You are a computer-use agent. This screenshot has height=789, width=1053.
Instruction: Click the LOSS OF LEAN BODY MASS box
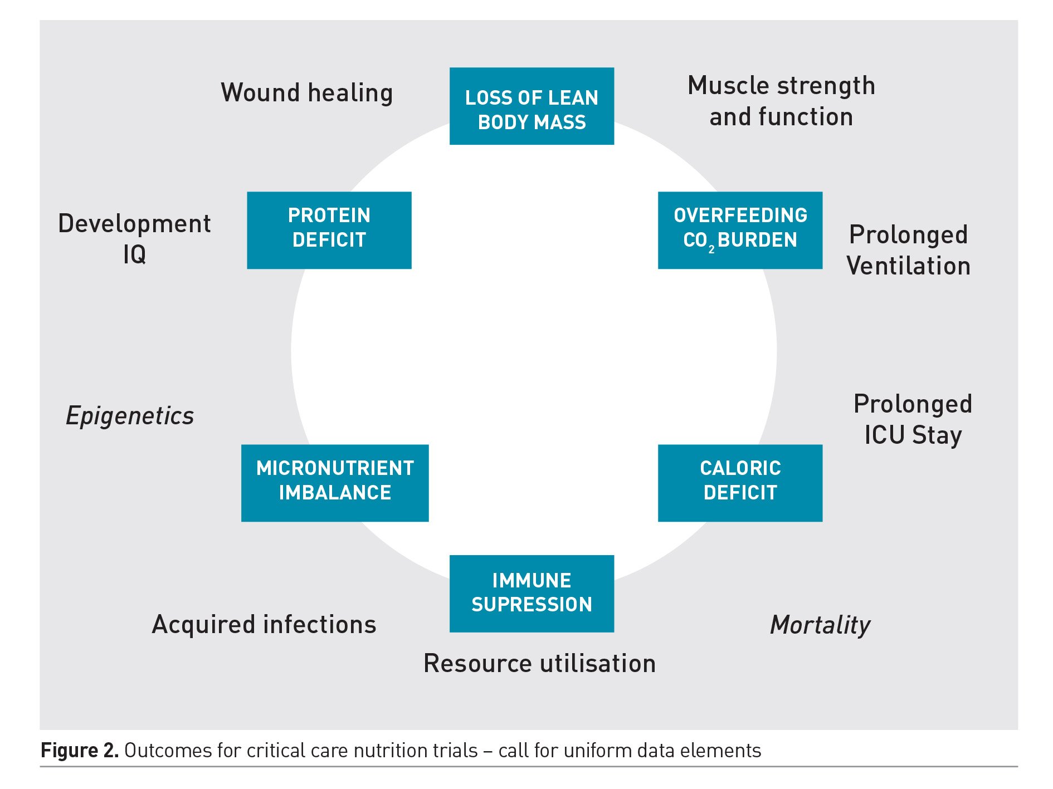click(x=532, y=106)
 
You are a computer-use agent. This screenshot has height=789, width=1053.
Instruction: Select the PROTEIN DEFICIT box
click(x=329, y=230)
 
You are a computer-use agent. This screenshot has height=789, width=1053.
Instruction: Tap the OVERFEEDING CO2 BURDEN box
click(x=740, y=230)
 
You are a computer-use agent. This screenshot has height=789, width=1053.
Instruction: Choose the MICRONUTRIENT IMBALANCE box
click(x=335, y=483)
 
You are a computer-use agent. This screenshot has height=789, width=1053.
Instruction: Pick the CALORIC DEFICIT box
click(x=740, y=483)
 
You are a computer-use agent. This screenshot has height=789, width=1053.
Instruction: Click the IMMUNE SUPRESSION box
click(x=532, y=594)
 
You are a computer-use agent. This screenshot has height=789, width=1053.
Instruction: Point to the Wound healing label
click(x=307, y=92)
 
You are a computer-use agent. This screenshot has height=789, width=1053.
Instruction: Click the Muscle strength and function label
click(x=781, y=101)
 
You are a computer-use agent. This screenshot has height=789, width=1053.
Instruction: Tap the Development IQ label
click(x=134, y=239)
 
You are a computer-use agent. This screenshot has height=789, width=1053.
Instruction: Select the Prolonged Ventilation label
click(x=908, y=250)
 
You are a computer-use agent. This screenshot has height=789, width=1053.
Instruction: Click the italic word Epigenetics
click(x=130, y=416)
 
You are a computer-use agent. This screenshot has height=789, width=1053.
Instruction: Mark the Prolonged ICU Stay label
click(x=913, y=419)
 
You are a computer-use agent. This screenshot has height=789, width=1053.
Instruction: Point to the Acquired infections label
click(x=264, y=624)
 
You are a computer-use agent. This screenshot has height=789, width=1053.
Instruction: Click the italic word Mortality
click(x=820, y=625)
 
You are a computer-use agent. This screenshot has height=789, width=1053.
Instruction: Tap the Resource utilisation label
click(x=539, y=663)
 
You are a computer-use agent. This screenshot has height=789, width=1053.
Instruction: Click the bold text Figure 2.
click(x=80, y=751)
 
